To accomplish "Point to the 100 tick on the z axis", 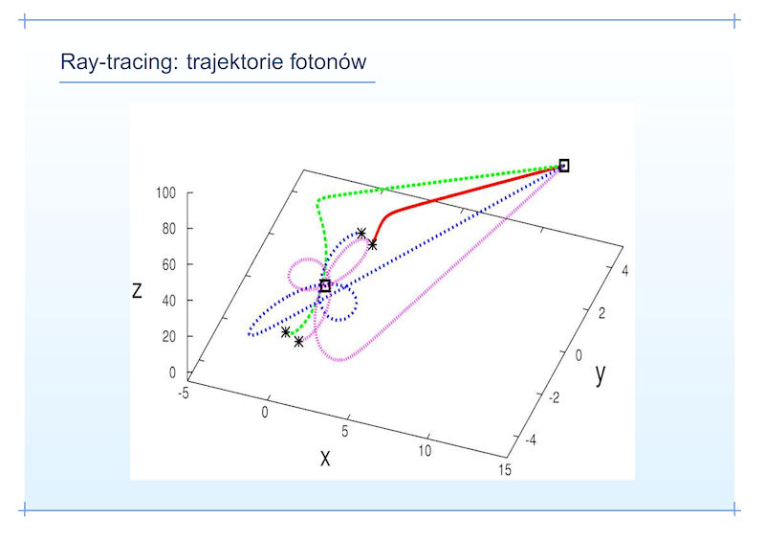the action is click(x=165, y=193).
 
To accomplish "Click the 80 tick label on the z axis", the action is click(x=169, y=229).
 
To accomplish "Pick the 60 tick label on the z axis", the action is click(x=169, y=265).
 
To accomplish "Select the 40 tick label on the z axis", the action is click(x=169, y=301).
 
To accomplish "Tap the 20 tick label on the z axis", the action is click(x=169, y=337).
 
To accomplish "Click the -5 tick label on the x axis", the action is click(x=184, y=393).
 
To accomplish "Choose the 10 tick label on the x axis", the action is click(x=425, y=451).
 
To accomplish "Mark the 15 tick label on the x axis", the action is click(x=505, y=469).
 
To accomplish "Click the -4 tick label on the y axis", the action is click(x=531, y=440).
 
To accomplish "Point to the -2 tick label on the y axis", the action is click(x=555, y=397).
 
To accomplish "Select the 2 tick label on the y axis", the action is click(x=601, y=313).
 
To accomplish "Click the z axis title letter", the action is click(x=137, y=291).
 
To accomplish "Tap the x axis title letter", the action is click(x=325, y=459).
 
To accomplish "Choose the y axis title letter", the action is click(x=601, y=374).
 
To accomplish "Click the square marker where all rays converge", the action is click(x=564, y=166).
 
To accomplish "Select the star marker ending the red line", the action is click(x=372, y=245).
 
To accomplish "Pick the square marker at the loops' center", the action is click(x=325, y=286).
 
